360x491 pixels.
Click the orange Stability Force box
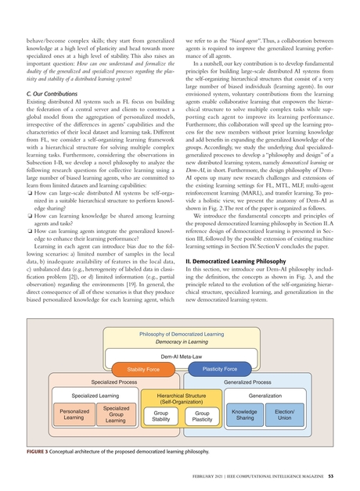[x=139, y=368]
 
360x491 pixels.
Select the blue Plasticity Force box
[x=219, y=368]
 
